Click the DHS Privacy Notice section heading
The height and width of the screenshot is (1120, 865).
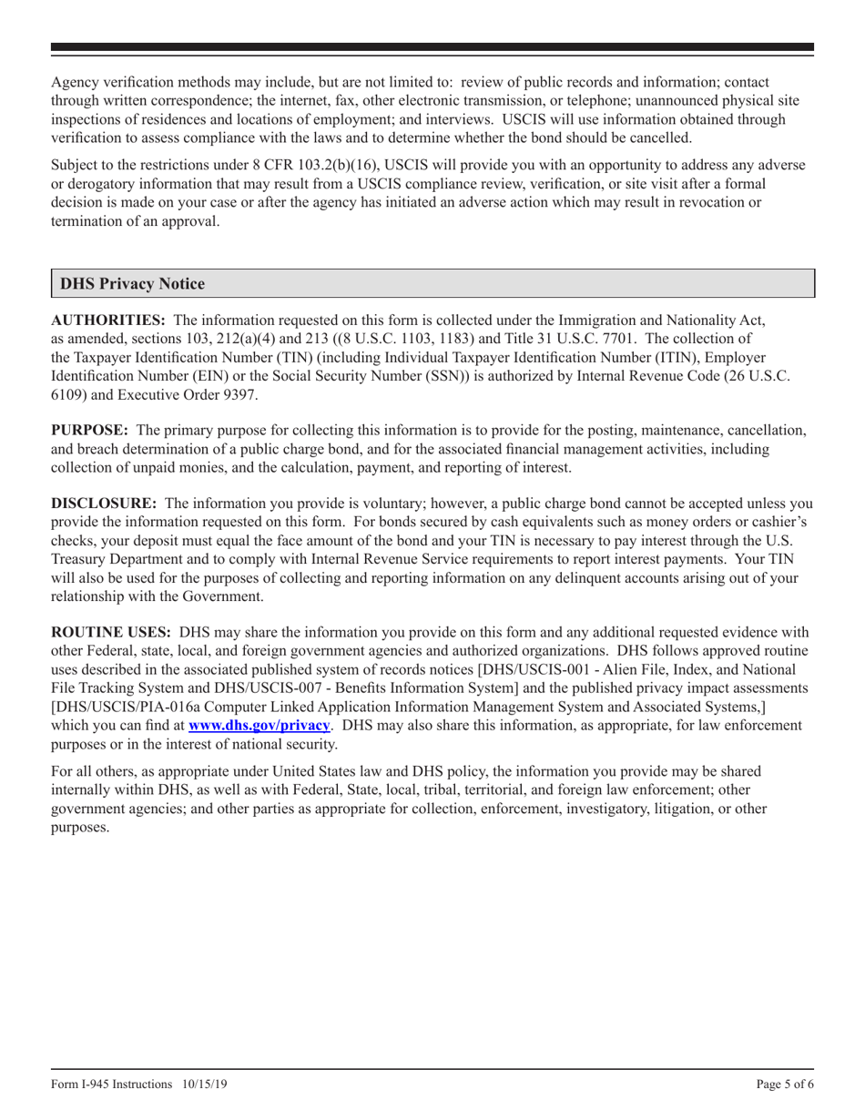pyautogui.click(x=132, y=284)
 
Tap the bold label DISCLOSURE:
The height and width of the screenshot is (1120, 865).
pyautogui.click(x=103, y=503)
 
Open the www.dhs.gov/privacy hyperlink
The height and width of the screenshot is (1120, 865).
pyautogui.click(x=259, y=725)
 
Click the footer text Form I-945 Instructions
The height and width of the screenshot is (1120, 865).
pyautogui.click(x=111, y=1084)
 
